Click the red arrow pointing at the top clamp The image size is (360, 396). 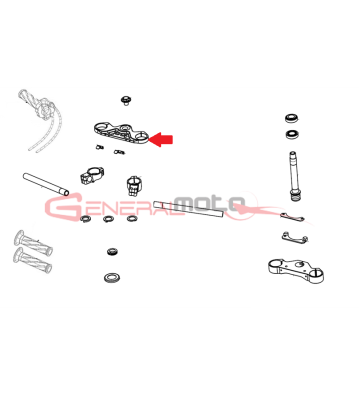coord(161,139)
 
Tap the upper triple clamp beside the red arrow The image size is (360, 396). coord(121,133)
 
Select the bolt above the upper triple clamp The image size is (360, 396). coord(126,100)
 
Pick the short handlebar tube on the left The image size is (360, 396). coord(46,184)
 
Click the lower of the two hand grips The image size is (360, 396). coord(32,260)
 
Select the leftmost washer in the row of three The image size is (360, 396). coord(86,219)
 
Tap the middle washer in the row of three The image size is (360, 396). coord(108,219)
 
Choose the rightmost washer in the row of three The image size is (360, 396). coord(132,219)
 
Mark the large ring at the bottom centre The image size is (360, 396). coord(112,277)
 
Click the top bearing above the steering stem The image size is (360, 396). coord(292,118)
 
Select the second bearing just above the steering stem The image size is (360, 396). coord(292,134)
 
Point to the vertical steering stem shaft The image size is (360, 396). coord(294,176)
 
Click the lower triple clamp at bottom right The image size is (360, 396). coord(296,270)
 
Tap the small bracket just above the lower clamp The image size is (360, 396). coord(294,238)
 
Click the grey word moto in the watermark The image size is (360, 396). coord(211,203)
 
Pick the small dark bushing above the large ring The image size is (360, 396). coord(112,251)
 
